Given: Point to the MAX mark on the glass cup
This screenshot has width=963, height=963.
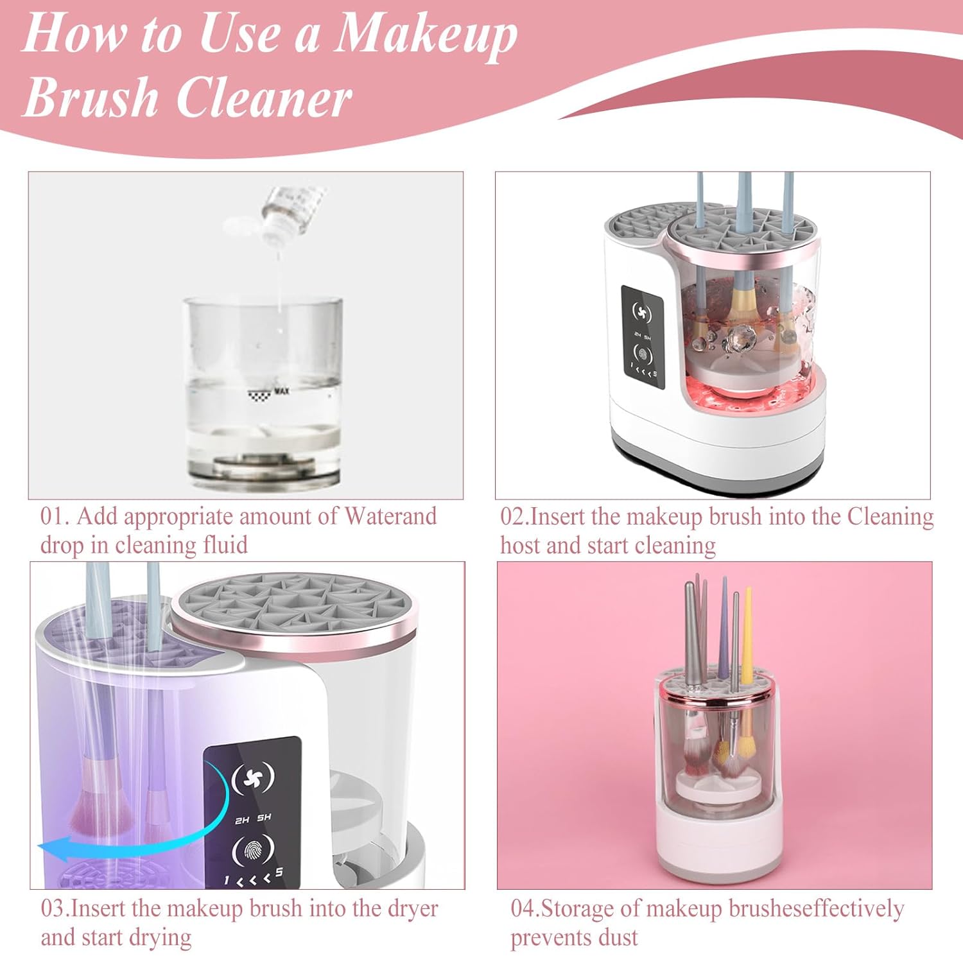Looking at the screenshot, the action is [282, 390].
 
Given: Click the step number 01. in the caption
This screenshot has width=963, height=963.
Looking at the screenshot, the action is [55, 516].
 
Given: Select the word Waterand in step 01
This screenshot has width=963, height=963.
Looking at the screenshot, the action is [390, 516].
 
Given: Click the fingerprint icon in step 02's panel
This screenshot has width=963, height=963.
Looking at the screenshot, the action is [643, 355].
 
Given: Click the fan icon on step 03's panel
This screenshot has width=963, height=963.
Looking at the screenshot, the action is [253, 778].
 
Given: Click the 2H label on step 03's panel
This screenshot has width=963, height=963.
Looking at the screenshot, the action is [242, 820].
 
